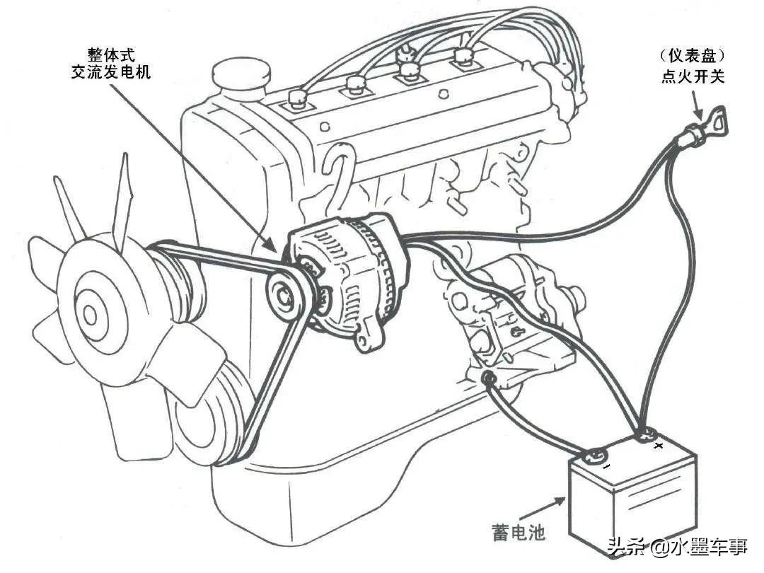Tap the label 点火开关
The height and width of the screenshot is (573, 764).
click(693, 77)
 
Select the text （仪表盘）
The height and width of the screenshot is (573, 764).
click(693, 55)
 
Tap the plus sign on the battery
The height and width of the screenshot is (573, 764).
click(659, 446)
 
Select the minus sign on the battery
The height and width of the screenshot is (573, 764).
click(607, 466)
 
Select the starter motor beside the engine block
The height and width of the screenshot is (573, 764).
click(513, 304)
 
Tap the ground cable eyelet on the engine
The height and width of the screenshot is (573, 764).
click(487, 380)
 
